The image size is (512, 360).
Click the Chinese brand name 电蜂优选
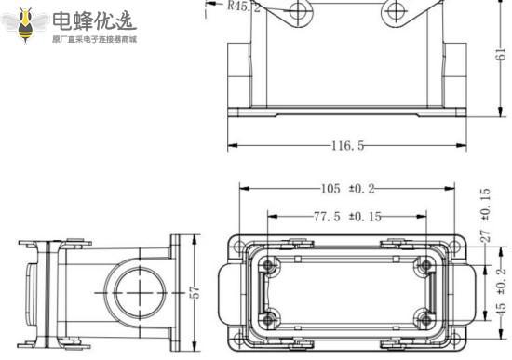tap(93, 19)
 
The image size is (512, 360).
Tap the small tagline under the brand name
tap(93, 41)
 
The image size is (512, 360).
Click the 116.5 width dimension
tap(346, 146)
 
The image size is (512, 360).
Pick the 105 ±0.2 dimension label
tap(346, 190)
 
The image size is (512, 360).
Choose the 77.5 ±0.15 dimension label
tap(346, 217)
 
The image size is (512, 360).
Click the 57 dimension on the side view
tap(195, 291)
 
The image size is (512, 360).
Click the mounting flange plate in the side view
tap(175, 290)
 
